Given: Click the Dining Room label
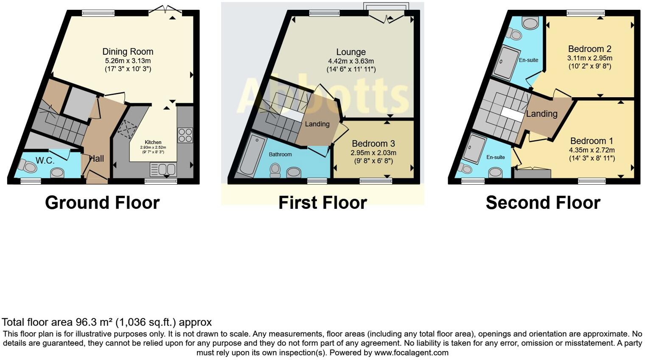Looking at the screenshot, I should [128, 52].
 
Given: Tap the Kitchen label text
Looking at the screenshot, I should [153, 142].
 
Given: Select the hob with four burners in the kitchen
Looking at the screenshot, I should [185, 135].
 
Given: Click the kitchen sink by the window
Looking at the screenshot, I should [163, 170].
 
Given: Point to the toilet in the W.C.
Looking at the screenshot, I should [29, 166].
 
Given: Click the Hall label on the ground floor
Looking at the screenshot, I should [97, 159].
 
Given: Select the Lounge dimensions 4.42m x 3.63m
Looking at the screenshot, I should [351, 61].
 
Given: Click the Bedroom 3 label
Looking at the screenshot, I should [370, 143].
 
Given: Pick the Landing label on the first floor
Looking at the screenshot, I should [317, 124].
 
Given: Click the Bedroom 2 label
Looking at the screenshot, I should [589, 49].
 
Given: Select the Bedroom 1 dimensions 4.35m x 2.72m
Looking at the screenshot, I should [592, 150].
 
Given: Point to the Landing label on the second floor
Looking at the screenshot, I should [541, 114].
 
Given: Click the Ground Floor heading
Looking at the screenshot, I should [102, 202].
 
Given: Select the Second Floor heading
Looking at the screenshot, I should [543, 202].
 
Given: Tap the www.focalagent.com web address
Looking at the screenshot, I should [411, 352].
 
